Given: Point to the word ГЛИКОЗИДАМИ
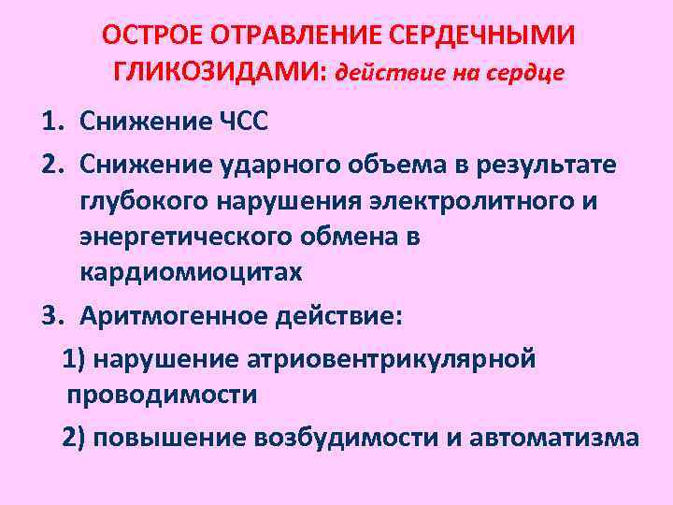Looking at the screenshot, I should tap(216, 72).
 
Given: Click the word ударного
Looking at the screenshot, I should tap(279, 165).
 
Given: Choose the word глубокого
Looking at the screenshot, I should tap(146, 201).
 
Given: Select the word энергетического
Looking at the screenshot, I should tap(186, 238).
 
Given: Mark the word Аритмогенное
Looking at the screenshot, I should tap(174, 315).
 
